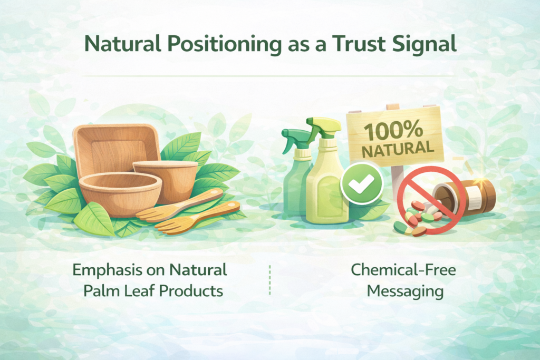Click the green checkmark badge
(x=361, y=183)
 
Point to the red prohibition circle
(x=428, y=199)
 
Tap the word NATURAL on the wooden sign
(x=398, y=149)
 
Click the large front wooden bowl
(x=121, y=194)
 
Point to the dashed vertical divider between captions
(x=269, y=280)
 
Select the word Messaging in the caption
(x=405, y=291)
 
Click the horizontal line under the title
(x=268, y=76)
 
